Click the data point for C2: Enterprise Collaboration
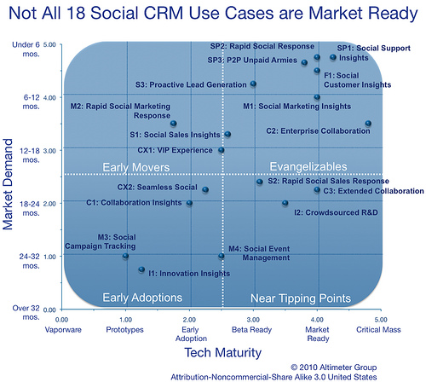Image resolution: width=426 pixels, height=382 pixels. point(368,124)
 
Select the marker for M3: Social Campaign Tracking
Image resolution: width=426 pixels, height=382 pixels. point(125,256)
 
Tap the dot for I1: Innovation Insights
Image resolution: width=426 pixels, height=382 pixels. point(141,269)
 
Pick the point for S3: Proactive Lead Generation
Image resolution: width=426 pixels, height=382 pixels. point(253,84)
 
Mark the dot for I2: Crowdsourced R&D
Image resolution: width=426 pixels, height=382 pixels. point(285,203)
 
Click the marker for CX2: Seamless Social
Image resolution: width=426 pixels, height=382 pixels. point(205,189)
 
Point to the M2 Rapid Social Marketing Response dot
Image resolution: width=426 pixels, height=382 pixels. point(173,124)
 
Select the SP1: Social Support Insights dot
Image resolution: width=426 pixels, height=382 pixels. point(333,57)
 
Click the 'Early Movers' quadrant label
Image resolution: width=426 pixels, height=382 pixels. point(136,167)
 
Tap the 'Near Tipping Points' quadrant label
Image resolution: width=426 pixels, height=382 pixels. point(301,298)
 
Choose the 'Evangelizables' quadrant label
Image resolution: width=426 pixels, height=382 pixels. point(308,167)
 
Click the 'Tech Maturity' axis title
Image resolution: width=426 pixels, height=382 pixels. point(223,353)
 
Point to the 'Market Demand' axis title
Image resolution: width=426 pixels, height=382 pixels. point(8,184)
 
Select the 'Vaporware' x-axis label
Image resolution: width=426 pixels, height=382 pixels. point(63,330)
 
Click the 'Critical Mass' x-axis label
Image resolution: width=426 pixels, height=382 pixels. point(378,330)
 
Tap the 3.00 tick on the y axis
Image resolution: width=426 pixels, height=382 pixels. point(49,151)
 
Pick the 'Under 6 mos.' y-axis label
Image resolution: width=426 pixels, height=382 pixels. point(26,49)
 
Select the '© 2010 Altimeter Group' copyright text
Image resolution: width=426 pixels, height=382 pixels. point(334,368)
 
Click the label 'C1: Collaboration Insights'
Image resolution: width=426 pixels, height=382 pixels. point(134,203)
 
